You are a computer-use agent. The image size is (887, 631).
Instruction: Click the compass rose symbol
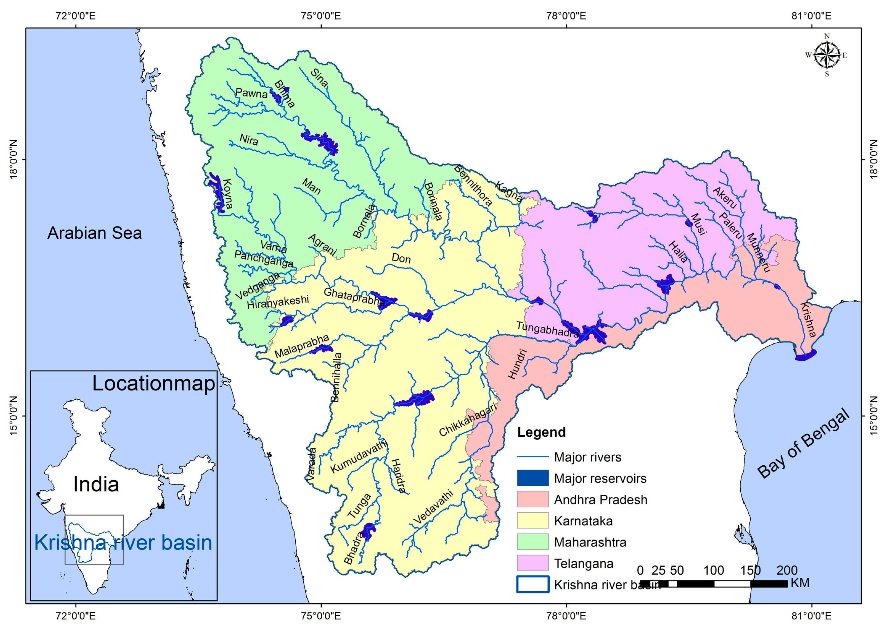[826, 55]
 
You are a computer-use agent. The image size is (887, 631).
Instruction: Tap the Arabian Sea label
[94, 233]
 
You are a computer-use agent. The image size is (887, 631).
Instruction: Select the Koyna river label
[227, 194]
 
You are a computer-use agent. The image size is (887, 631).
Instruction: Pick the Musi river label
[698, 224]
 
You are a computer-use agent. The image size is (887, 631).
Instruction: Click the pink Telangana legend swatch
[532, 563]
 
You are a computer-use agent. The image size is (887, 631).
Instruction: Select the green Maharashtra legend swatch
[532, 542]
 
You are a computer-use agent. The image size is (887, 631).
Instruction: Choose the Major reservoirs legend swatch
[532, 478]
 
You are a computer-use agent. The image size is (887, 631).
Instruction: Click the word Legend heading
[541, 432]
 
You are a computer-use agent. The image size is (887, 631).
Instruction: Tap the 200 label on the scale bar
[787, 570]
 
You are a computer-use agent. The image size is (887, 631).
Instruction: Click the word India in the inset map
[96, 485]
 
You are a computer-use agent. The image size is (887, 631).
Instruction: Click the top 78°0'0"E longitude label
[566, 16]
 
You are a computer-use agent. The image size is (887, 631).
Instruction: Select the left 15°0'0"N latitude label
[14, 416]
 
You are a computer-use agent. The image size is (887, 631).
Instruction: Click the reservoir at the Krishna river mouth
[805, 355]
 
